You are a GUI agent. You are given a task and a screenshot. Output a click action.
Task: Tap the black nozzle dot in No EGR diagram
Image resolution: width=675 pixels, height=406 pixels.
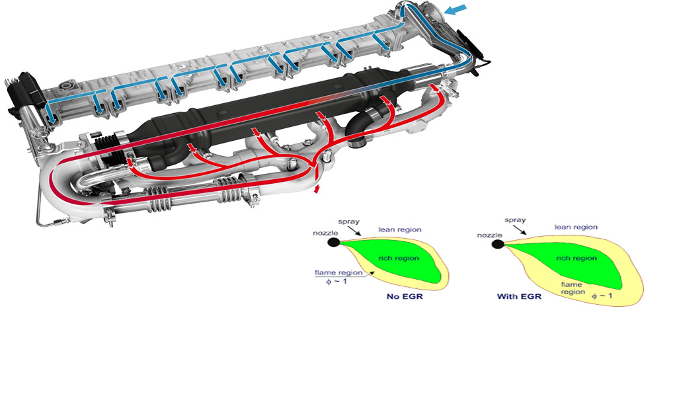pyautogui.click(x=333, y=242)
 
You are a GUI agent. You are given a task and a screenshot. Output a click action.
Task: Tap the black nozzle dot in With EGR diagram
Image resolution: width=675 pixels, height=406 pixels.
pyautogui.click(x=498, y=244)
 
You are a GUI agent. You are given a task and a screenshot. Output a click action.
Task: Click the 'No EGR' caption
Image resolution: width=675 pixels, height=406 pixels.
pyautogui.click(x=405, y=296)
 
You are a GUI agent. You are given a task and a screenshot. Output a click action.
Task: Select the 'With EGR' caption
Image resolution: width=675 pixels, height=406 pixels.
pyautogui.click(x=519, y=296)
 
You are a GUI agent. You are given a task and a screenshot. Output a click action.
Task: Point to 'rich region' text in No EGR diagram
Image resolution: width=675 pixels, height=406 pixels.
pyautogui.click(x=399, y=258)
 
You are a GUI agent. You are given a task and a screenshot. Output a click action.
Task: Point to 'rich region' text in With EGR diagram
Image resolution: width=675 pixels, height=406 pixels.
pyautogui.click(x=576, y=258)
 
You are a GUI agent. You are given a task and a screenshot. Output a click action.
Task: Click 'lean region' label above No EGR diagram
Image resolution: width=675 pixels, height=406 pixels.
pyautogui.click(x=400, y=229)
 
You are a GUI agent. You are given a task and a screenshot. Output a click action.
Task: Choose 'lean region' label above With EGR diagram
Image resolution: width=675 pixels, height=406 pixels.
pyautogui.click(x=576, y=227)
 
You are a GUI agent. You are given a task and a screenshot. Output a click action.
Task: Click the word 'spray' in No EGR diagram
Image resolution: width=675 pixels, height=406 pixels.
pyautogui.click(x=348, y=222)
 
